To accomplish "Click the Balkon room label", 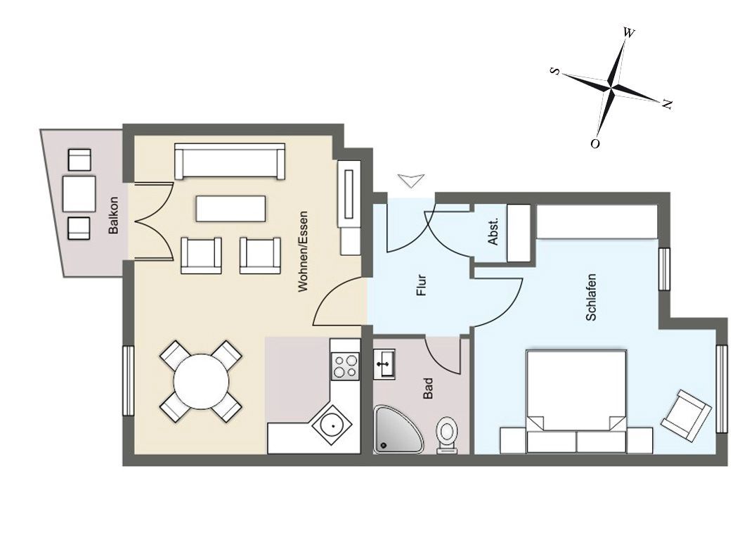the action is [113, 215].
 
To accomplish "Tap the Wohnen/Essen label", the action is [303, 252].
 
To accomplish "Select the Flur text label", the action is [421, 285].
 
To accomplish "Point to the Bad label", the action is [428, 388].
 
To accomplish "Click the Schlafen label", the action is [591, 297].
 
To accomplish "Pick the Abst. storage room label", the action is [493, 231].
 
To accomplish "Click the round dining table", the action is [202, 381].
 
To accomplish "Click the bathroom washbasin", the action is [384, 364].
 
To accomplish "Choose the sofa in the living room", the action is [230, 161].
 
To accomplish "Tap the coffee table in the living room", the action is [230, 208].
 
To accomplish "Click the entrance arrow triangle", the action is [412, 181].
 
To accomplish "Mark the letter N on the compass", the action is [667, 104].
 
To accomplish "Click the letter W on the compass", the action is [629, 32].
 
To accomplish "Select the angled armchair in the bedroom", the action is [686, 416].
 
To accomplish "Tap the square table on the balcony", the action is [79, 194].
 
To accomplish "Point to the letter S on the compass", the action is [555, 71].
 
